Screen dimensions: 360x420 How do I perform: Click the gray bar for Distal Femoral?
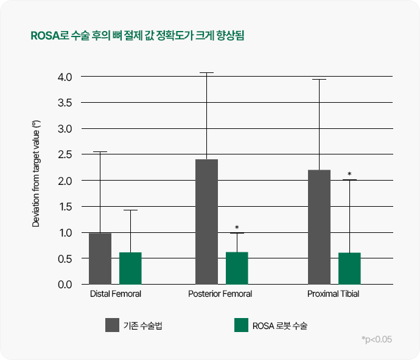[x=100, y=258]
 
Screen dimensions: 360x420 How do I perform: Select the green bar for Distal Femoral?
[x=130, y=268]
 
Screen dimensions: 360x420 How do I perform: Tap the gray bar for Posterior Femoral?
[x=206, y=222]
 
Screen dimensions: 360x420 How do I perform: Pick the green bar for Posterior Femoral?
[x=237, y=268]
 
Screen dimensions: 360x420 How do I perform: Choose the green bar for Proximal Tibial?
[x=349, y=268]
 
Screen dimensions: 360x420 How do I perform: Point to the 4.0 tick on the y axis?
[x=64, y=77]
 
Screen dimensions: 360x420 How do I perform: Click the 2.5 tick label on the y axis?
[x=64, y=155]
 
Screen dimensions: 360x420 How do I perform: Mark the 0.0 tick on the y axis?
[x=64, y=285]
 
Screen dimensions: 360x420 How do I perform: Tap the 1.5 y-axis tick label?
[x=64, y=207]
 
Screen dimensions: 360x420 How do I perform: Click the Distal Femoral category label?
[x=116, y=294]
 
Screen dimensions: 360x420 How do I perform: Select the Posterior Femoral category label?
[x=220, y=294]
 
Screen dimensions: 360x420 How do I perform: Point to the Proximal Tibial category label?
[x=333, y=294]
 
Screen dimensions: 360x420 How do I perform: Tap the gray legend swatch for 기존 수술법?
[x=112, y=325]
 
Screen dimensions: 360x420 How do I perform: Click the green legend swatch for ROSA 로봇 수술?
[x=241, y=325]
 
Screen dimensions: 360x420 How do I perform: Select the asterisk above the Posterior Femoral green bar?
[x=237, y=228]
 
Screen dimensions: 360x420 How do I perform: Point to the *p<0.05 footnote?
[x=376, y=339]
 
